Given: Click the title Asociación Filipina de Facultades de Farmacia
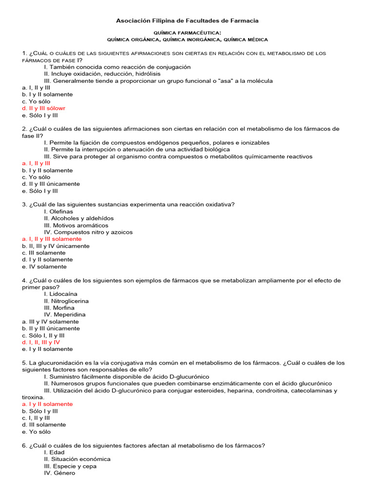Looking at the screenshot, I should coord(187,20).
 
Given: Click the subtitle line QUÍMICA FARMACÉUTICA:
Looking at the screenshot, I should coord(187,32).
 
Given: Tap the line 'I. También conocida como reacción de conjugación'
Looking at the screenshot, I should coord(117,67).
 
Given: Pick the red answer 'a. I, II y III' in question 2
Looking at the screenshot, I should coord(36,164).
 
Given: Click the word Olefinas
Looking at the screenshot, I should coord(61,211).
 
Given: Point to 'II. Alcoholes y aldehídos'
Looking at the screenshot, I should coord(79,218).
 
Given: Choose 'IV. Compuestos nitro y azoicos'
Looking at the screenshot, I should coord(88,232).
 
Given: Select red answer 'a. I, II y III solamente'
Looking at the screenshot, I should coord(52,239).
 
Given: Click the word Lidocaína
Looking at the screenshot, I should coord(63,294).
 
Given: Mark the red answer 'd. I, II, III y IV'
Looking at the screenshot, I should coord(41,342).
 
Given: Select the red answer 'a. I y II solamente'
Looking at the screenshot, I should coord(47,404).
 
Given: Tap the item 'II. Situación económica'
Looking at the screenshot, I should coord(77,459).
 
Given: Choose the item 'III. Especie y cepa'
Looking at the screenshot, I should coord(70,466).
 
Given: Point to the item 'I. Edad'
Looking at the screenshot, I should coord(54,452).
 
